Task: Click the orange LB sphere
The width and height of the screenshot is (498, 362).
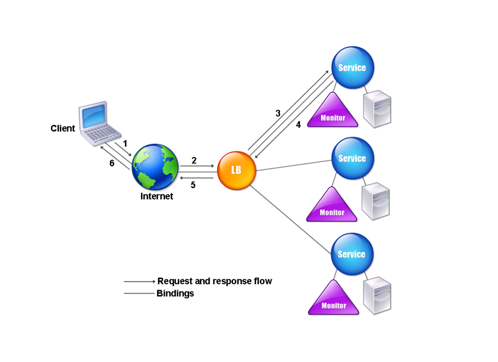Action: click(x=236, y=171)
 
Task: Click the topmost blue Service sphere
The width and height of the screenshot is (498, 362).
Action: click(x=352, y=68)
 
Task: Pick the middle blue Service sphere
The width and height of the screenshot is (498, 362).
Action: click(x=352, y=158)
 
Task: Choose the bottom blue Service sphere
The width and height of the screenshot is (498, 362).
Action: click(x=351, y=254)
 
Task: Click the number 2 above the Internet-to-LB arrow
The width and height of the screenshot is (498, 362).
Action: click(x=194, y=160)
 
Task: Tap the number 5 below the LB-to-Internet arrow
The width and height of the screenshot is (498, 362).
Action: click(x=193, y=185)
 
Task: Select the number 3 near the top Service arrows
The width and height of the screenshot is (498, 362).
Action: click(x=278, y=113)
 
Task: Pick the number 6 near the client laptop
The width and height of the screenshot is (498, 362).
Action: click(x=112, y=163)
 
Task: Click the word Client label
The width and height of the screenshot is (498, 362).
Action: click(x=63, y=128)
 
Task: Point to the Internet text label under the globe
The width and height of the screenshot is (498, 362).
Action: click(x=157, y=196)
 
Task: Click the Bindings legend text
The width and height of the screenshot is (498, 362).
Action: click(x=175, y=293)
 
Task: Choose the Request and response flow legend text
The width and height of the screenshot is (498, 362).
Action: click(x=214, y=281)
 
